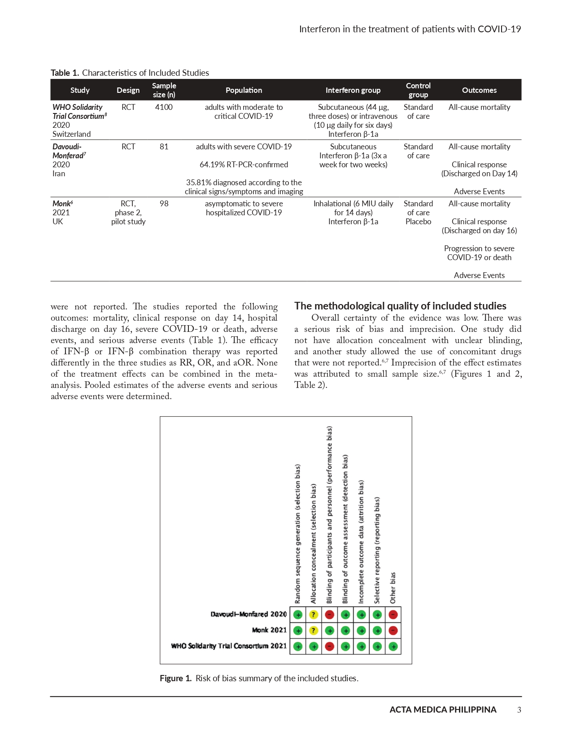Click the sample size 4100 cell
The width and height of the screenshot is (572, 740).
(x=164, y=107)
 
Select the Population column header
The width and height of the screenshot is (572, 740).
(x=244, y=90)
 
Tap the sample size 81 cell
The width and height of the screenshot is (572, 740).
(x=164, y=147)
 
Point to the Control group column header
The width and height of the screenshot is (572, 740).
(x=418, y=90)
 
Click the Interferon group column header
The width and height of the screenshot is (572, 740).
(x=353, y=90)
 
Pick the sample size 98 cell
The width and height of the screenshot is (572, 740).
(x=164, y=204)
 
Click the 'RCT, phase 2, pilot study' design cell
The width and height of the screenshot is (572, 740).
(x=128, y=213)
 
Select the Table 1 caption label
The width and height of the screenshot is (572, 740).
(x=65, y=73)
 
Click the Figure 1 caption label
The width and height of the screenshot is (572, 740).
(x=175, y=678)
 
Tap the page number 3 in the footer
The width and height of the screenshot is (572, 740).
(x=519, y=710)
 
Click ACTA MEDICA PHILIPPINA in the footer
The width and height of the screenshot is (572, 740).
(x=443, y=710)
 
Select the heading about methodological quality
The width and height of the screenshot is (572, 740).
(x=400, y=306)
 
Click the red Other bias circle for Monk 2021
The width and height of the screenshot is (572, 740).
(x=393, y=631)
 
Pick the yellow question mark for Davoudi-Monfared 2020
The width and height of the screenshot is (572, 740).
(x=314, y=614)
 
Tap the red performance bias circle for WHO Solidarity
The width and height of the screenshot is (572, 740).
(x=329, y=646)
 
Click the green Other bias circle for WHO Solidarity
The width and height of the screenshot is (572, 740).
(x=393, y=646)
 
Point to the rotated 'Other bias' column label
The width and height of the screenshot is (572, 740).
(x=393, y=588)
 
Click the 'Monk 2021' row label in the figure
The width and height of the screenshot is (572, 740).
(x=269, y=630)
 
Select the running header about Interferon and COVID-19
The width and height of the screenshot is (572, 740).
(x=410, y=29)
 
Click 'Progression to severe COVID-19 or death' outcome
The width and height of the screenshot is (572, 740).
(x=479, y=253)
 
